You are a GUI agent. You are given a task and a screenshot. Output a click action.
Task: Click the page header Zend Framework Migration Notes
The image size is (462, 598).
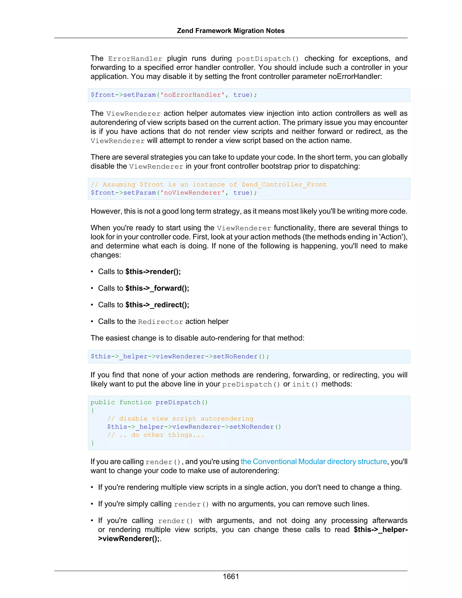point(231,31)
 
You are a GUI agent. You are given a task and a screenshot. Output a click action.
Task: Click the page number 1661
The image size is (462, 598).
point(231,576)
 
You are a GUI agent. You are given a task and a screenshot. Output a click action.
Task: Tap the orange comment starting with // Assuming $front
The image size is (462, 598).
point(209,185)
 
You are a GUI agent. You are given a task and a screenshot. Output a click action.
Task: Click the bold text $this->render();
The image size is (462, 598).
point(153,272)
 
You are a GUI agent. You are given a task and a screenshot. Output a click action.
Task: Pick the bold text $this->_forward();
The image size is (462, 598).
point(157,288)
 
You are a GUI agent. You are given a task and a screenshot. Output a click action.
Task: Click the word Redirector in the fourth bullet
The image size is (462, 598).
point(160,322)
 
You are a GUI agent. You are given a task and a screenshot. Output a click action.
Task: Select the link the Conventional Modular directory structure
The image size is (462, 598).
point(314,462)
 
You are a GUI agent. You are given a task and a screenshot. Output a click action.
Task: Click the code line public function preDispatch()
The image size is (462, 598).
point(149,402)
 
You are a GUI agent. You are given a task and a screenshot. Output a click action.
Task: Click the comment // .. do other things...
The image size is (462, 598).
point(155,435)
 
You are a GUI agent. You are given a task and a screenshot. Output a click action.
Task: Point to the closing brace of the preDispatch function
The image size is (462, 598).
point(92,443)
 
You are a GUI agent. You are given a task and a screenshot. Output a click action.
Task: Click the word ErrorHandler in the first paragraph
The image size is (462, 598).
point(135,59)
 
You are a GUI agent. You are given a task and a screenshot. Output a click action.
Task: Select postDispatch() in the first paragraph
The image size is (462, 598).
point(267,59)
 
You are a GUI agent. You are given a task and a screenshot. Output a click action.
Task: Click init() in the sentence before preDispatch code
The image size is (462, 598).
point(305,385)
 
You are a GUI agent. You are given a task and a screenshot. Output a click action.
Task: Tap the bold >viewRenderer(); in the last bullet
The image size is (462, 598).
point(129,539)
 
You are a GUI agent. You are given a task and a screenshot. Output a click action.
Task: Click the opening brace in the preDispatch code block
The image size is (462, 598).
point(92,410)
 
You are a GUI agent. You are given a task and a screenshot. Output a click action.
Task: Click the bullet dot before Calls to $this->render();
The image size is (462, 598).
point(92,272)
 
